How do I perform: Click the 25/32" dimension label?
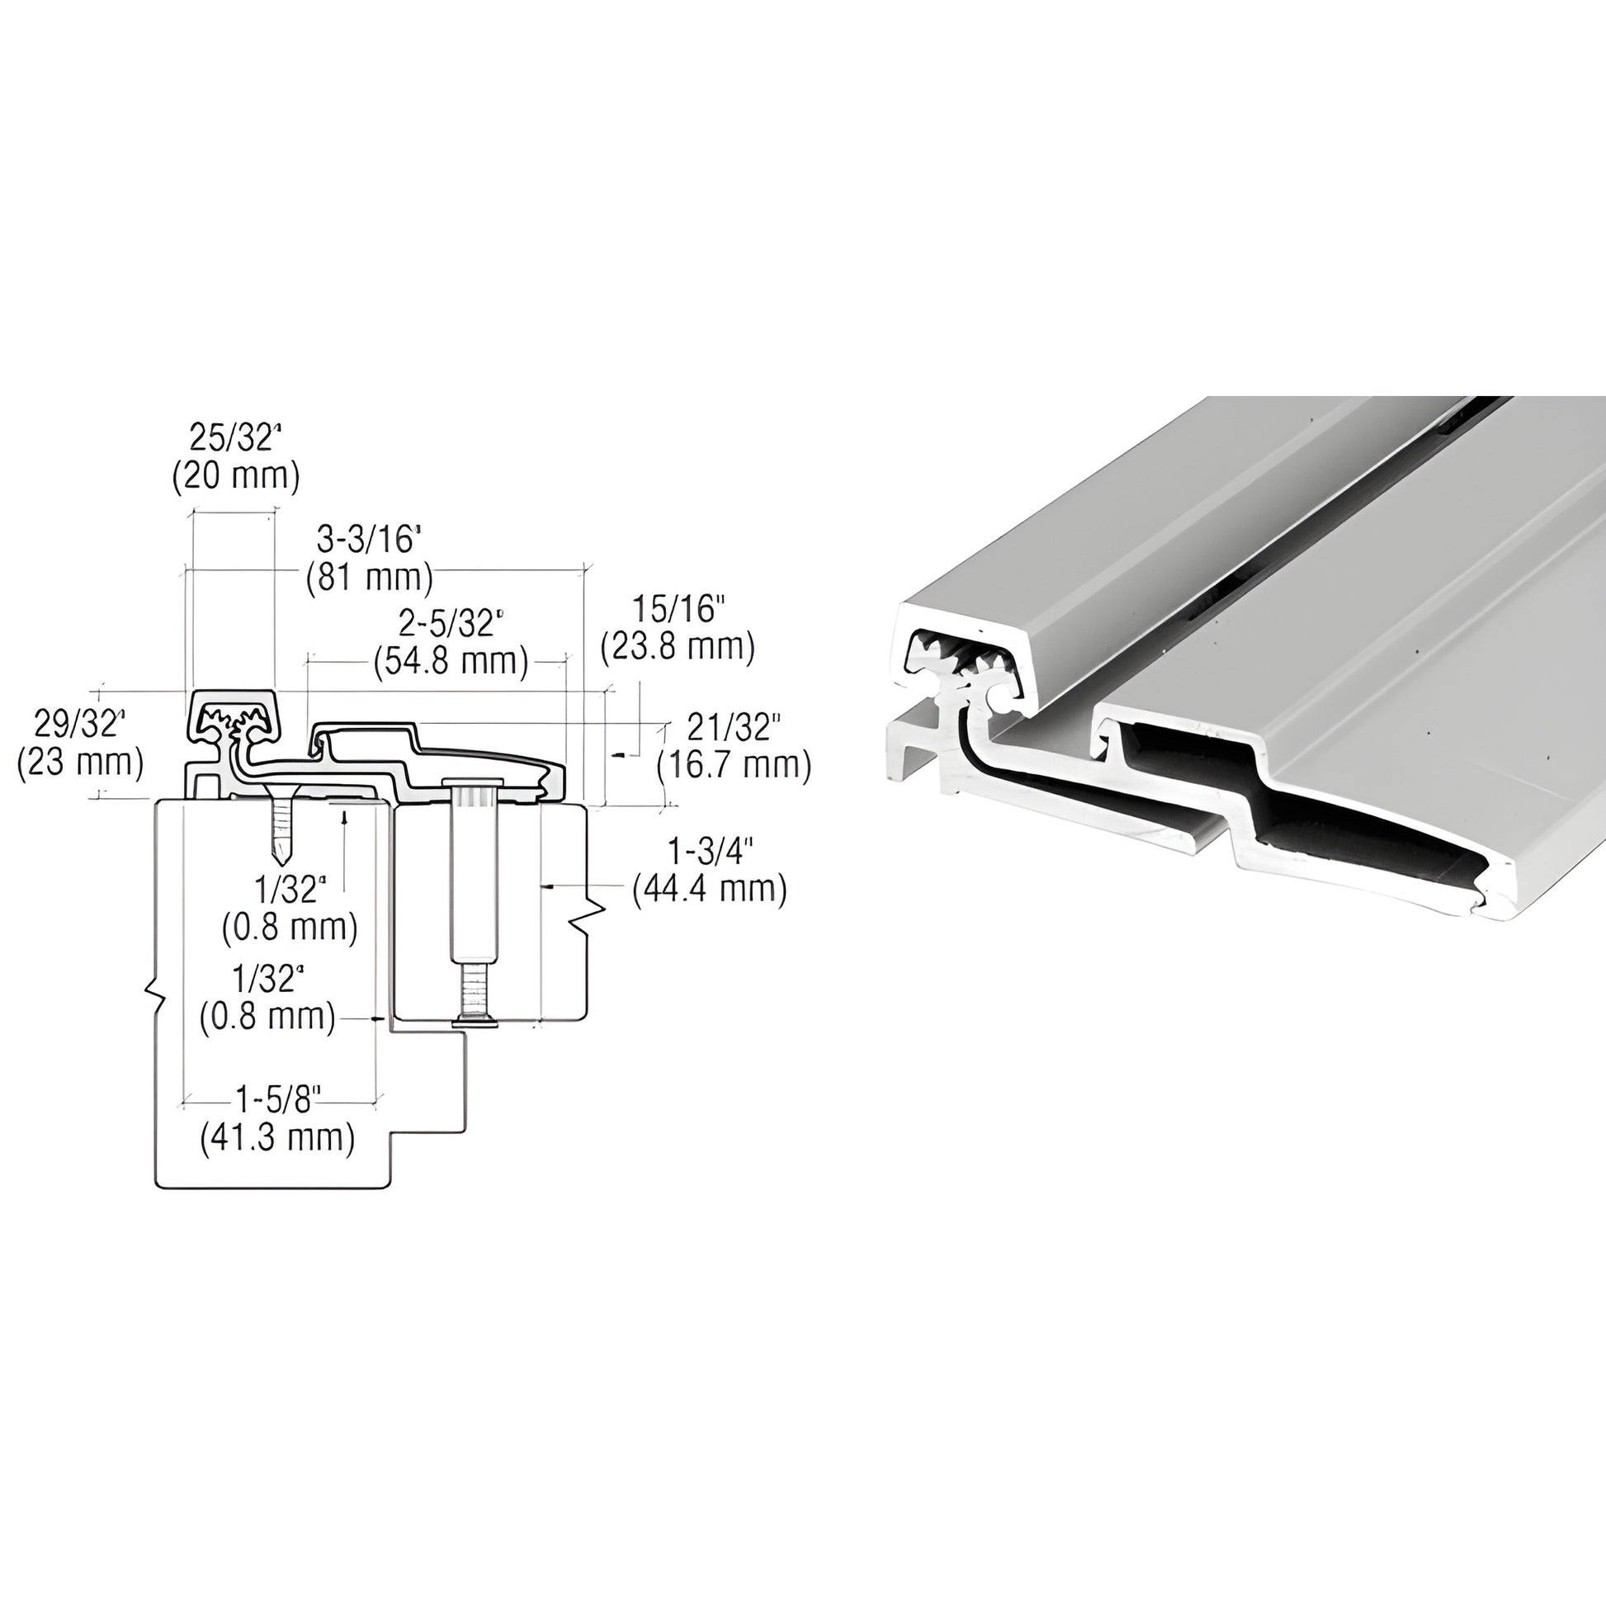point(235,438)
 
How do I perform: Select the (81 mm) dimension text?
point(369,577)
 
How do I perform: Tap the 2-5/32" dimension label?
point(451,622)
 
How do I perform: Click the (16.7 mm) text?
point(734,765)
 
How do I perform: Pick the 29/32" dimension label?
point(78,724)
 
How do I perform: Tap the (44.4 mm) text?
point(709,890)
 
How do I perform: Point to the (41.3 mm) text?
point(277,1137)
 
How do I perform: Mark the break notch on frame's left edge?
point(154,994)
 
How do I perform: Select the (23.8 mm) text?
point(678,647)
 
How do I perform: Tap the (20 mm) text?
point(235,476)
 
